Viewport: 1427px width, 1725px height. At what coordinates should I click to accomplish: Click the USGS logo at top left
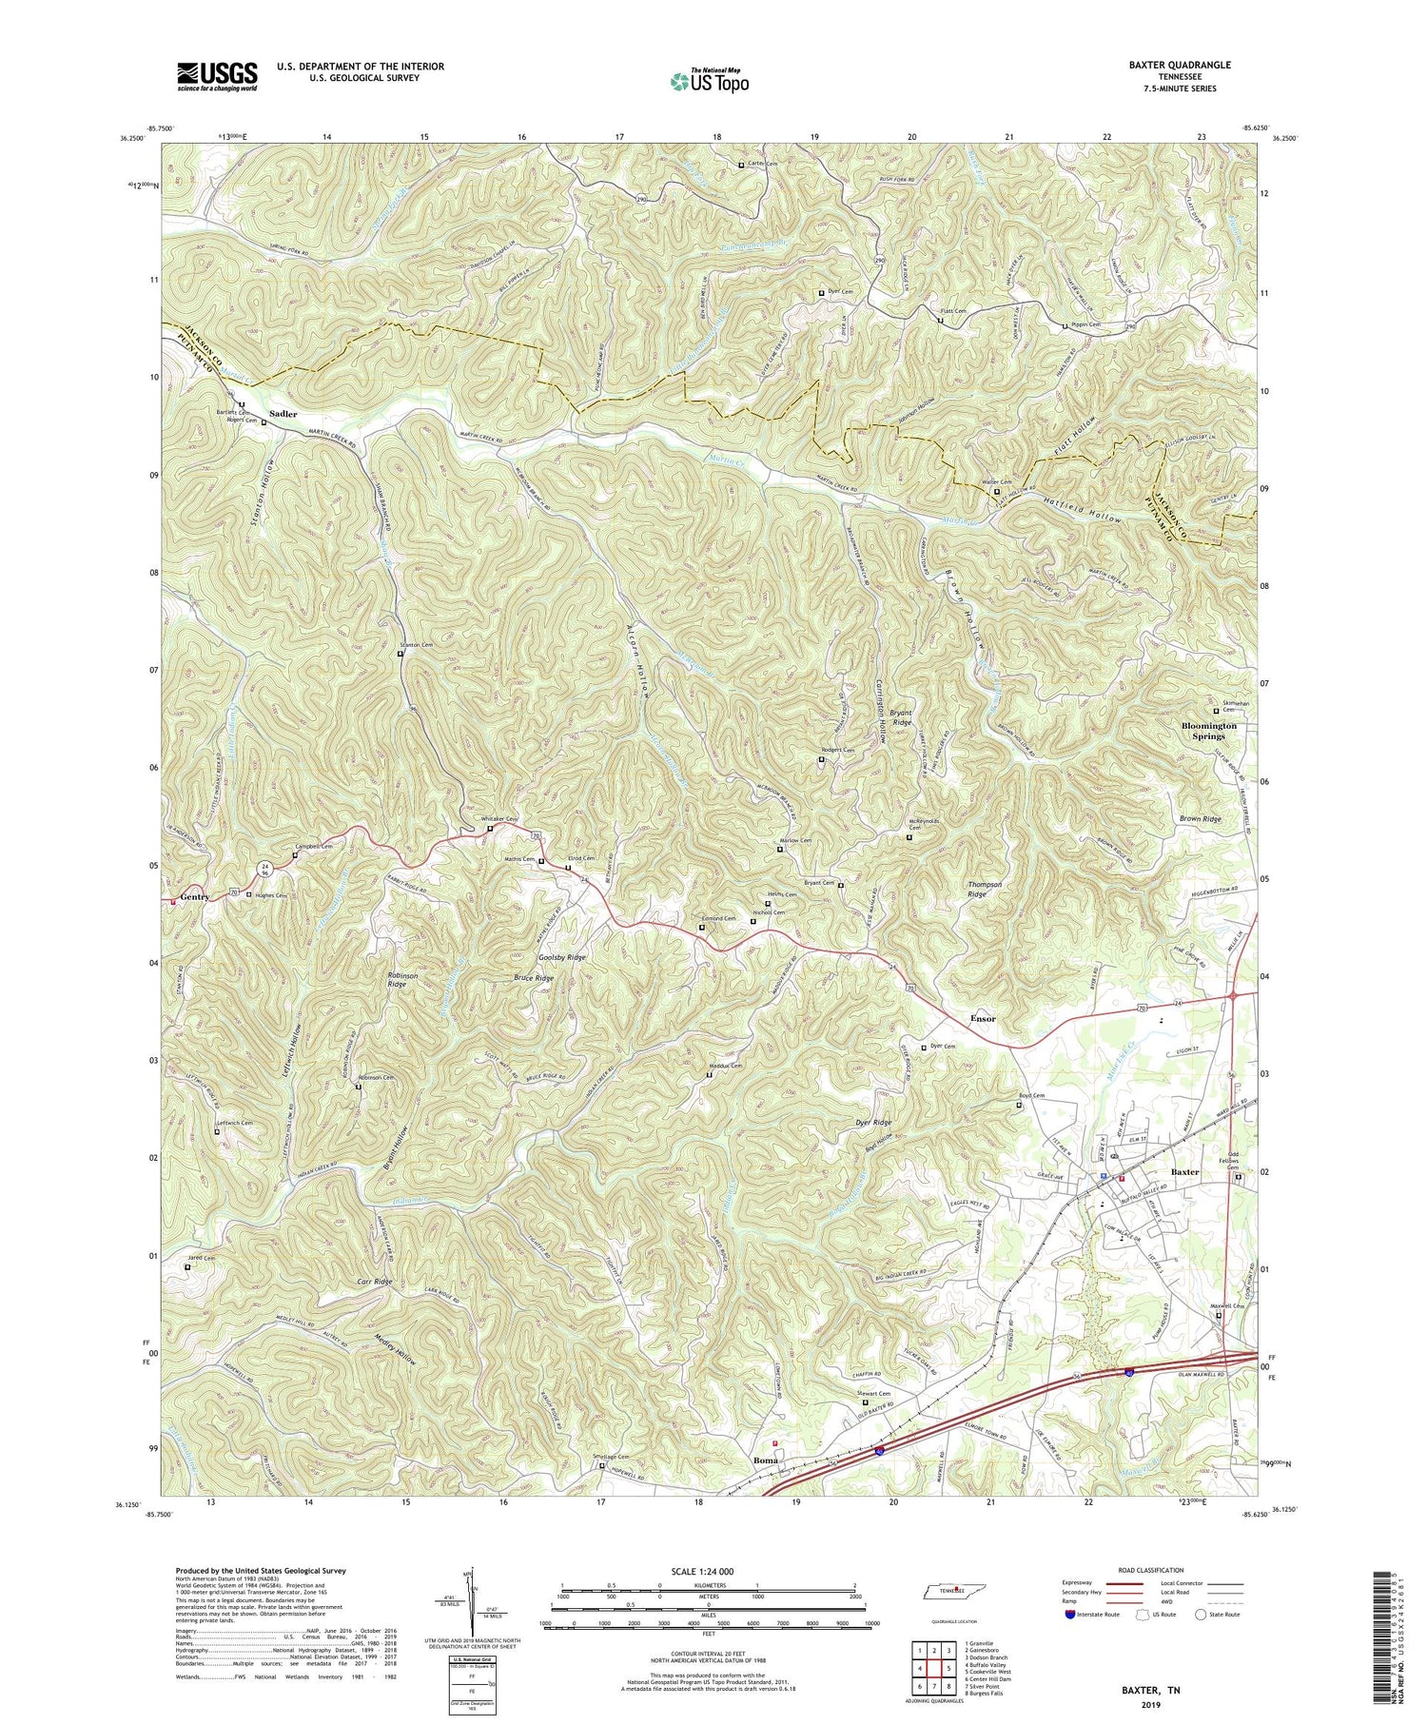217,76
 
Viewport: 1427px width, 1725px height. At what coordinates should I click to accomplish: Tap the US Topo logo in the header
709,81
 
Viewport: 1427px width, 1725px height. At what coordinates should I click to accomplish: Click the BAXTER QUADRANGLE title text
1182,65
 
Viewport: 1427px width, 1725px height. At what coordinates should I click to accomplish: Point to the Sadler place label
283,414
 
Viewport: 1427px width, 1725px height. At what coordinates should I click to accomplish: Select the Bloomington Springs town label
1209,731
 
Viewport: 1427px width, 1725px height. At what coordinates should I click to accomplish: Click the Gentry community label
194,897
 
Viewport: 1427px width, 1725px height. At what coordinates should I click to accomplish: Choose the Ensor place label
982,1018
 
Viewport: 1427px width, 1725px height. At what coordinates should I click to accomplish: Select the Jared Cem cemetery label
199,1258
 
